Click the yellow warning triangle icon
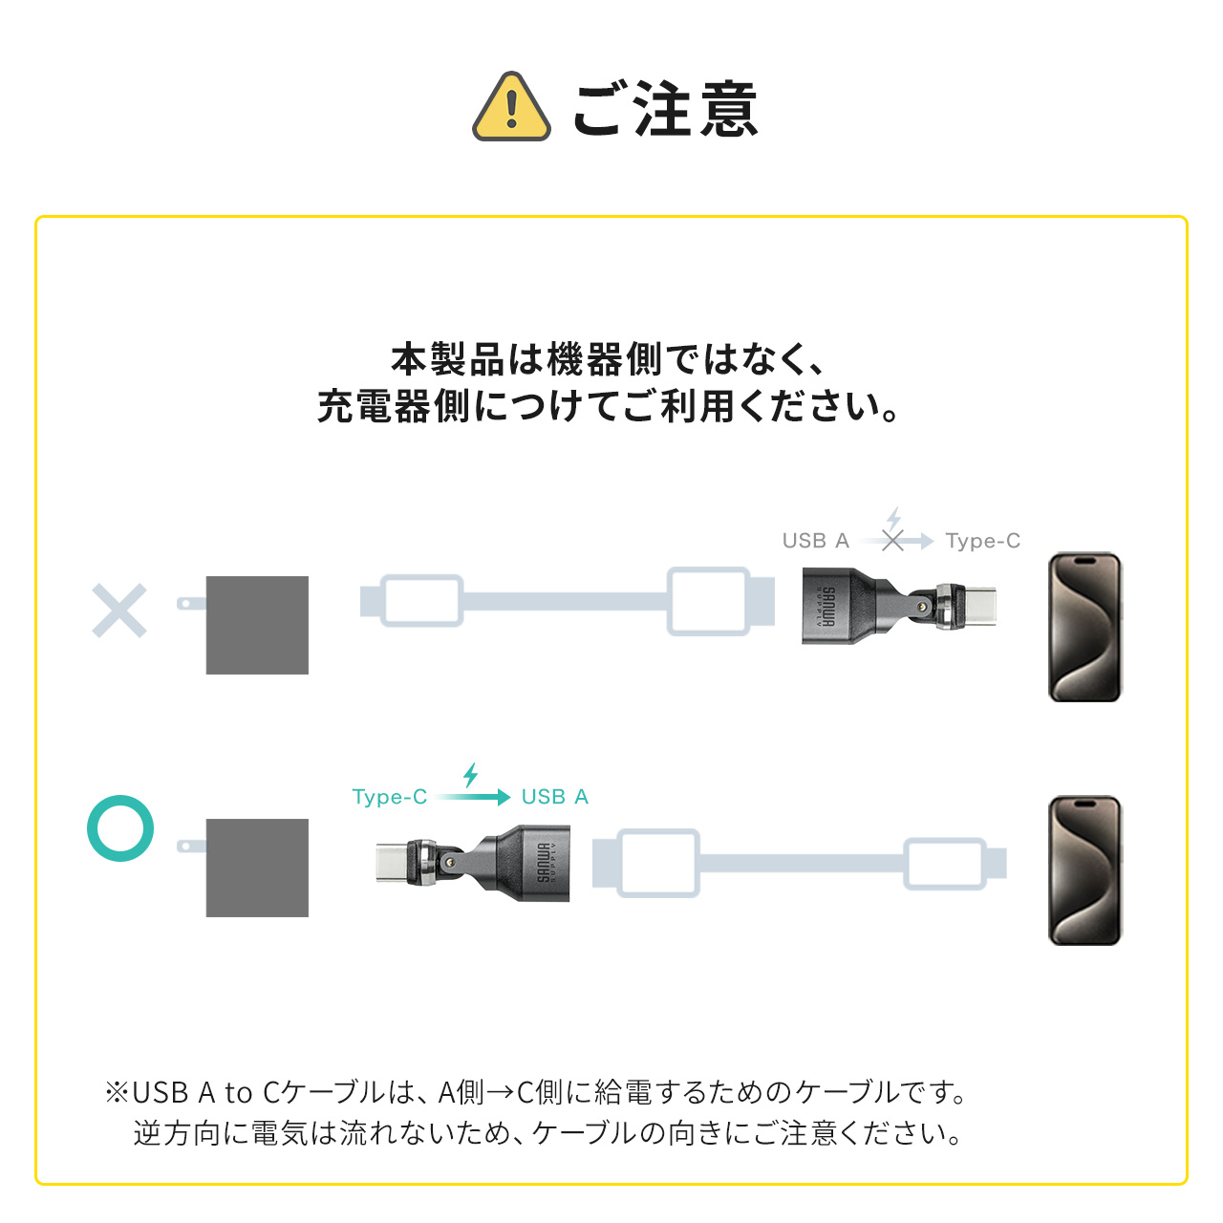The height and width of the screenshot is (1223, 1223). pyautogui.click(x=511, y=108)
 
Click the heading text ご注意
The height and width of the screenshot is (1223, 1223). pyautogui.click(x=665, y=109)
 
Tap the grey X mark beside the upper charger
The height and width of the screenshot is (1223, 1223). pyautogui.click(x=119, y=611)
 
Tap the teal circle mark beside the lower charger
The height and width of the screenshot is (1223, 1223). pyautogui.click(x=120, y=827)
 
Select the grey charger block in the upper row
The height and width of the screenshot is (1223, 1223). pyautogui.click(x=257, y=625)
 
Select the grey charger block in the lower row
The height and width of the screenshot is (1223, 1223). pyautogui.click(x=257, y=868)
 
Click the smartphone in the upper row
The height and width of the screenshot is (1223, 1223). pyautogui.click(x=1084, y=627)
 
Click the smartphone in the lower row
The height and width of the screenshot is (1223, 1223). pyautogui.click(x=1084, y=870)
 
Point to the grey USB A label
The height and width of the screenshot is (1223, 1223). pyautogui.click(x=815, y=541)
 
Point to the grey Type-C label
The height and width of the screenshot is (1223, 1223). pyautogui.click(x=982, y=541)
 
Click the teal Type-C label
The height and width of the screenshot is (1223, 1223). pyautogui.click(x=389, y=797)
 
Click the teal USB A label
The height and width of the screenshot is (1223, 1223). pyautogui.click(x=554, y=797)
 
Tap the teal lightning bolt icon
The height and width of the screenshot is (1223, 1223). pyautogui.click(x=470, y=774)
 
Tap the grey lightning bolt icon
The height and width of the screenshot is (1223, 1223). pyautogui.click(x=893, y=518)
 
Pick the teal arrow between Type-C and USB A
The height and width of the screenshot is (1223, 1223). pyautogui.click(x=475, y=797)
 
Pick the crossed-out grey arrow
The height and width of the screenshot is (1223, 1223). pyautogui.click(x=895, y=541)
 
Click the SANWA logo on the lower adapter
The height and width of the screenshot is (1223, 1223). pyautogui.click(x=543, y=862)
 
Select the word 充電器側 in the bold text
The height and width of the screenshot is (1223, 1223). pyautogui.click(x=393, y=407)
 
